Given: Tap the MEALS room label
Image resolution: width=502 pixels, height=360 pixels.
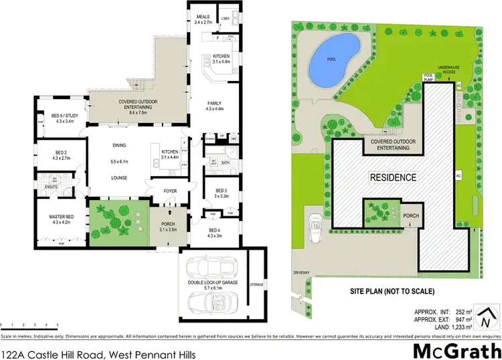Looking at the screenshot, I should point(203,18).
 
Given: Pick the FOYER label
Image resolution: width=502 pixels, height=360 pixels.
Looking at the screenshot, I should point(170,191).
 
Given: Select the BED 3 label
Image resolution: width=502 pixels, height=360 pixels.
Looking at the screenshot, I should point(220,191).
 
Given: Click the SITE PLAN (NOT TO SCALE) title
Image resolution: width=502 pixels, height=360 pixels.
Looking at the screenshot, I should point(392,291).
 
